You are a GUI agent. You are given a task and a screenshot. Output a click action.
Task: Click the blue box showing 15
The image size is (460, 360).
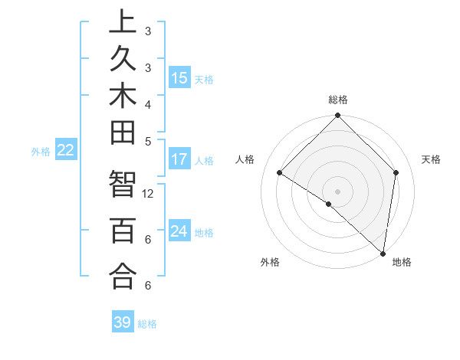pos(179,77)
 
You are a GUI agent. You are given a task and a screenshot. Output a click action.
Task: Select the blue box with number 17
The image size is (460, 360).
pos(179,159)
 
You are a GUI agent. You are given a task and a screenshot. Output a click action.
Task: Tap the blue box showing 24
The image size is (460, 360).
pos(179,231)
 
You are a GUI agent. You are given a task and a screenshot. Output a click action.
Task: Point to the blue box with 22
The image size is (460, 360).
pos(66,150)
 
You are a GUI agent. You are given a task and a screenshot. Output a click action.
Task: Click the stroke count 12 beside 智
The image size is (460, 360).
pos(149,194)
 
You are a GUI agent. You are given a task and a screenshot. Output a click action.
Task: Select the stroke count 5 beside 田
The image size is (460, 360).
pos(148,141)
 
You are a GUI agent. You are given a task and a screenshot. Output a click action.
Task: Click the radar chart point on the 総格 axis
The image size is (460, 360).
pos(337,116)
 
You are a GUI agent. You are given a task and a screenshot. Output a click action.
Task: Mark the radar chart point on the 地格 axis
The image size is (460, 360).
pos(383,253)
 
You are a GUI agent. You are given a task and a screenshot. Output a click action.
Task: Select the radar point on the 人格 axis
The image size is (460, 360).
pos(280,172)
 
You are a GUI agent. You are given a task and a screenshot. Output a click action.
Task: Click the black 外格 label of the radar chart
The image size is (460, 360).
pos(270,262)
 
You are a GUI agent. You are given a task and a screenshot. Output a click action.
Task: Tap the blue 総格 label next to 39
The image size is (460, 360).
pos(147,324)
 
